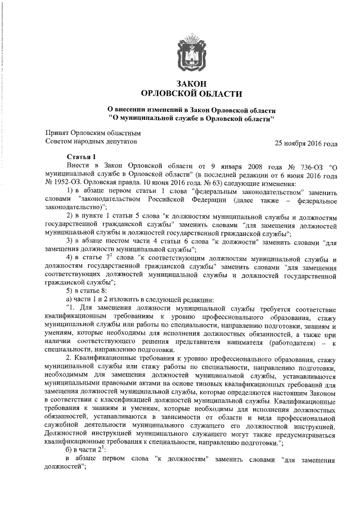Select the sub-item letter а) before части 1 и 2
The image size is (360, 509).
pyautogui.click(x=70, y=298)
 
